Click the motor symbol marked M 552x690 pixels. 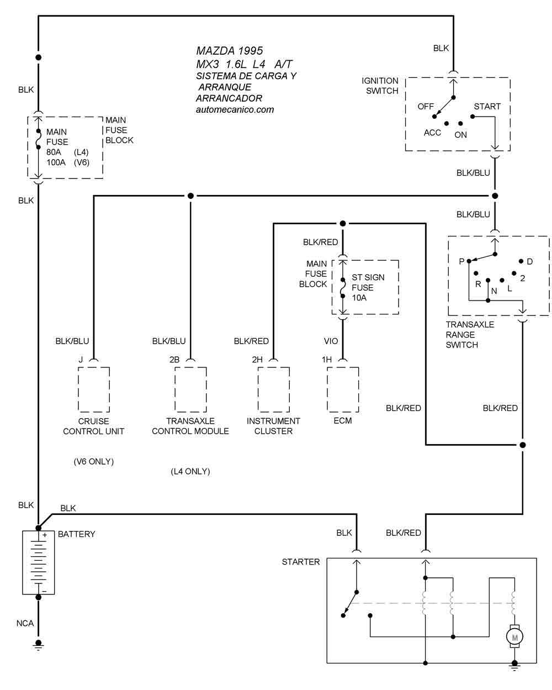coord(514,638)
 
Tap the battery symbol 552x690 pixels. coord(38,562)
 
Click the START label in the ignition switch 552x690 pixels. coord(487,107)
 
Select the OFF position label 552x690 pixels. coord(426,107)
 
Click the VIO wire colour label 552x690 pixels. coord(331,341)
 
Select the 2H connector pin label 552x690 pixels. coord(257,360)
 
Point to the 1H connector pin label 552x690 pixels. coord(327,360)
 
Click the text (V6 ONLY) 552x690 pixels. coord(93,461)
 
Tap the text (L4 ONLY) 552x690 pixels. coord(190,471)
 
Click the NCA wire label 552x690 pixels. coord(25,623)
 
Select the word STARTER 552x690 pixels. coord(300,562)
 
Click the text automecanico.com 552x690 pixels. coord(235,109)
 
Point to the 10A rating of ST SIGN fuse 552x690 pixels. coord(359,298)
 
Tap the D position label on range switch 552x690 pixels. coord(529,262)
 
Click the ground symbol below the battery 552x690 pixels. coord(38,646)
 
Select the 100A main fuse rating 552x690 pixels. coord(56,162)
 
